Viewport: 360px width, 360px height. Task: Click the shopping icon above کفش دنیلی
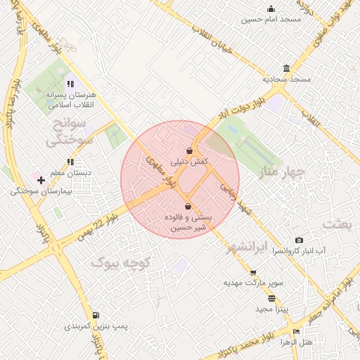click(x=189, y=150)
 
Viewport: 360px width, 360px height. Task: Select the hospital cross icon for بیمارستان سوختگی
click(x=41, y=180)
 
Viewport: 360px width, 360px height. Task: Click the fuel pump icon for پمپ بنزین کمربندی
click(x=96, y=315)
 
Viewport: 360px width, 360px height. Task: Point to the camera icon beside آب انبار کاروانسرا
click(x=299, y=240)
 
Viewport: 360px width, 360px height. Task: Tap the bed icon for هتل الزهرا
click(x=296, y=331)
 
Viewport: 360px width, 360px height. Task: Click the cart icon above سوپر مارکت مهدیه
click(x=253, y=272)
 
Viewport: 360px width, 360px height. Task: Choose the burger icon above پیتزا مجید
click(x=271, y=298)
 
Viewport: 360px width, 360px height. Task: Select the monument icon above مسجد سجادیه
click(x=286, y=68)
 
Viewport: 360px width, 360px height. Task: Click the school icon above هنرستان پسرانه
click(x=70, y=84)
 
